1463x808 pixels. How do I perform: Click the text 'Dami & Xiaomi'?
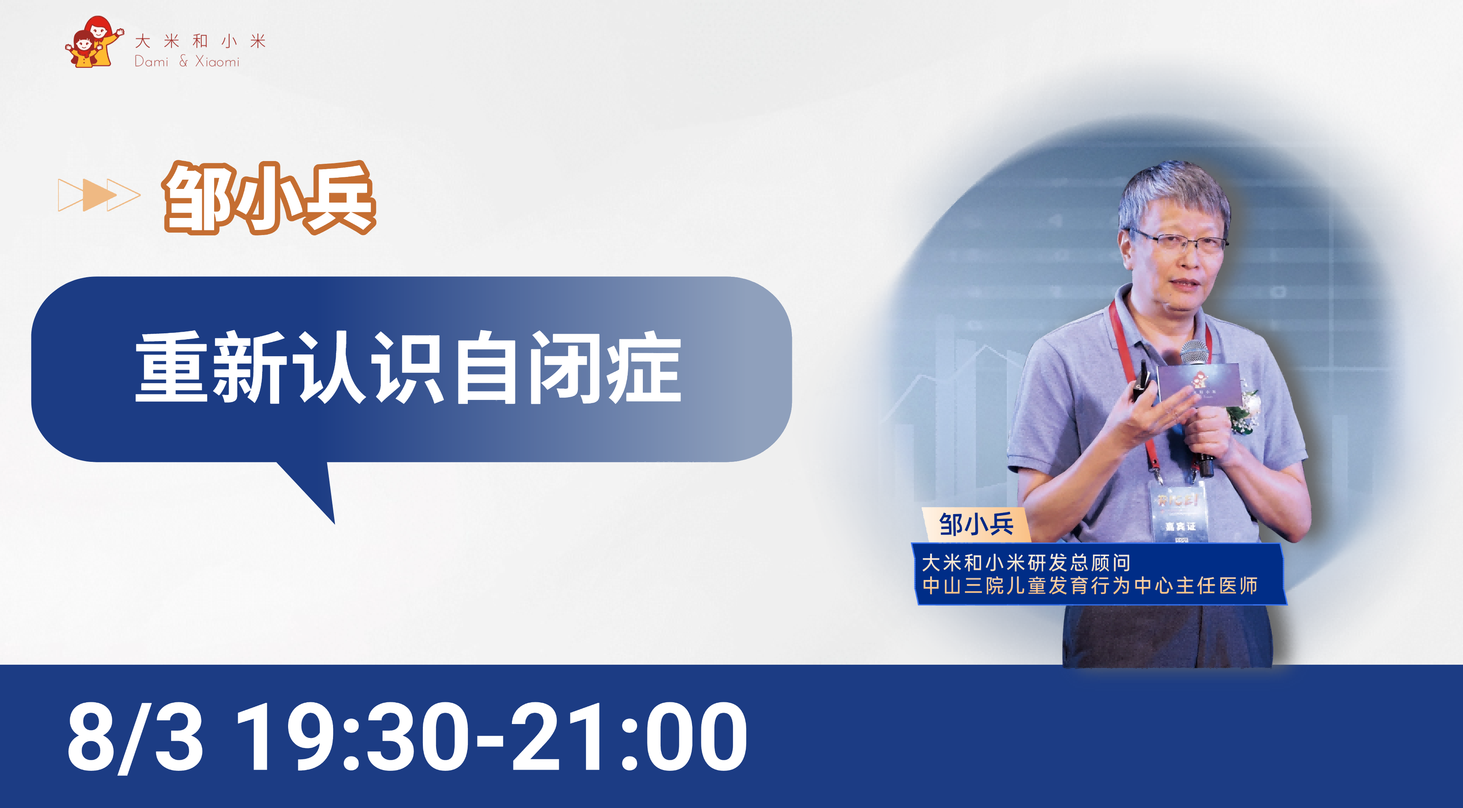(187, 61)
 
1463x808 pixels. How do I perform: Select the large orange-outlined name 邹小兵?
(269, 197)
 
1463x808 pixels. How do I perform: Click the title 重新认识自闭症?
(408, 367)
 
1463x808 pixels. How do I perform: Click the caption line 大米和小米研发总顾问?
(1026, 563)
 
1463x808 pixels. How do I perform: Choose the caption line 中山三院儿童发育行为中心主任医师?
(1090, 585)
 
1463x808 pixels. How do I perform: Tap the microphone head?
(1194, 352)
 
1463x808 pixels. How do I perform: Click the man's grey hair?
(1173, 193)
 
